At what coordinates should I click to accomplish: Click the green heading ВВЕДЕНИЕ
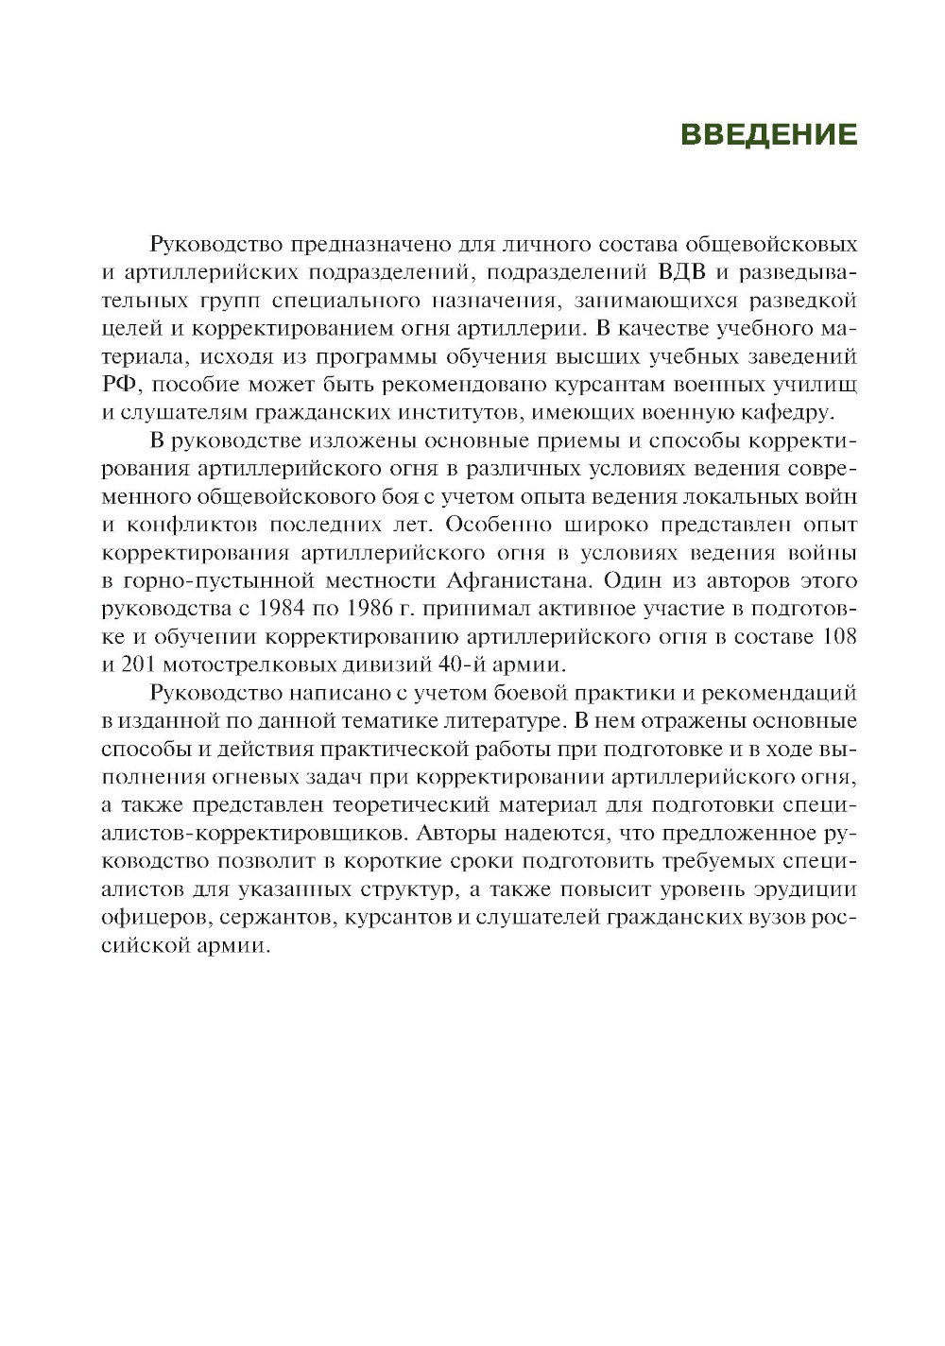pyautogui.click(x=768, y=134)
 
